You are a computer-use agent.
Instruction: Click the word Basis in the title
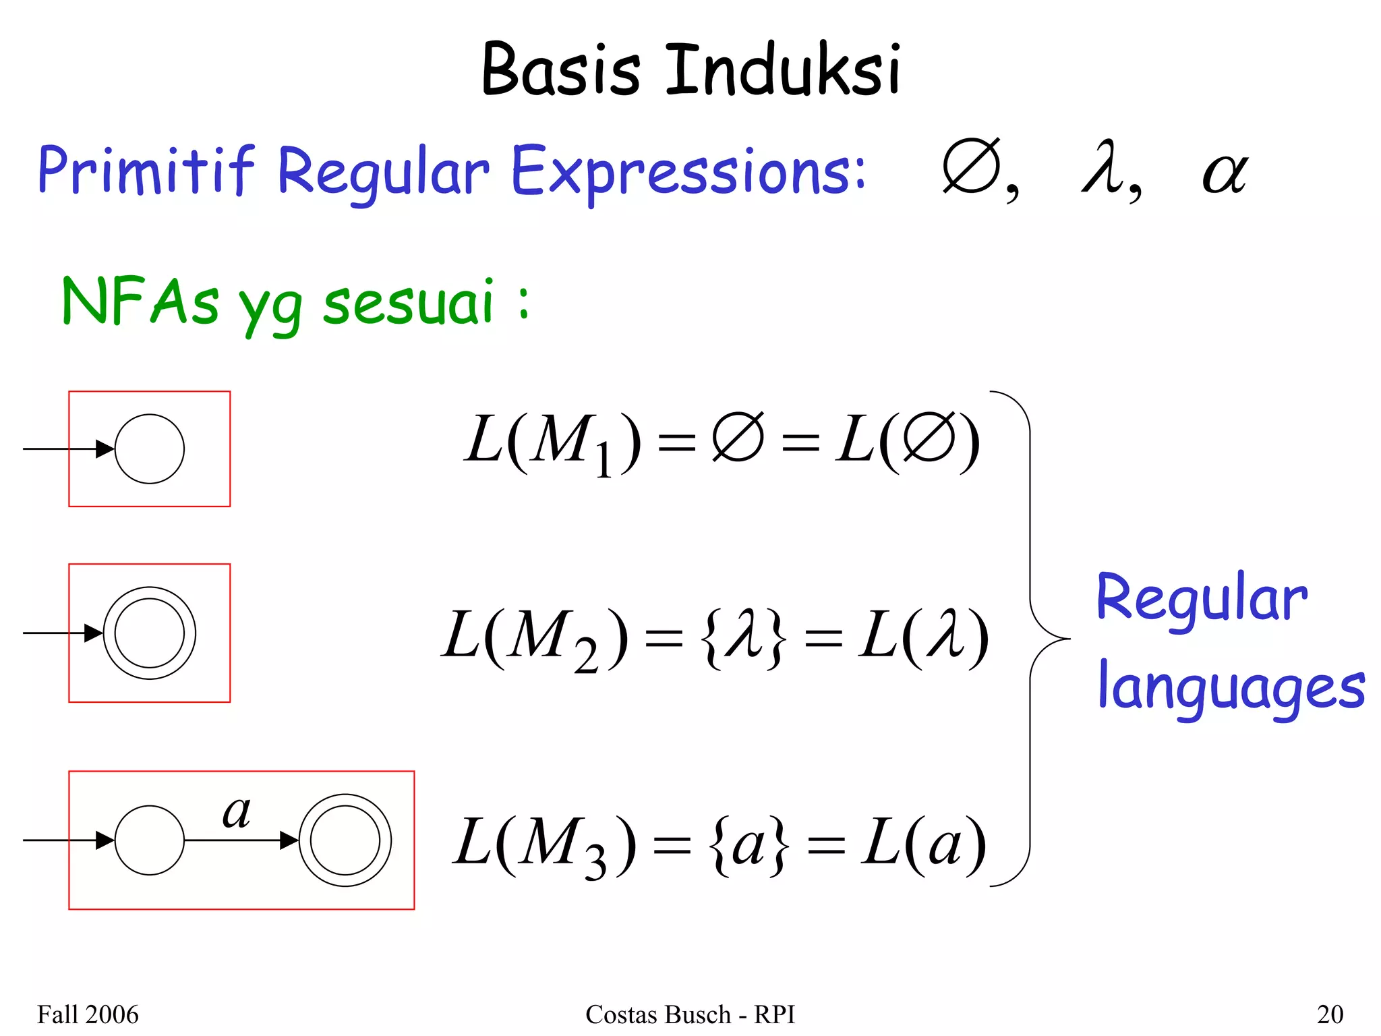560,69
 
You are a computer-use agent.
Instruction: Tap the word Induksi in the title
783,69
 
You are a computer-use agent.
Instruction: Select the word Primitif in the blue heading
146,170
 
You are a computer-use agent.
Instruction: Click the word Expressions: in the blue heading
688,171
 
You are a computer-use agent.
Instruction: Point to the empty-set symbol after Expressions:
972,167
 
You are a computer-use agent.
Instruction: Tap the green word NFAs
140,301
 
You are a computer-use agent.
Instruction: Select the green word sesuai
408,301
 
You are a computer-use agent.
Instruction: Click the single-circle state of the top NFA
150,449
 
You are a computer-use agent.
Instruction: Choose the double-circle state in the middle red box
150,633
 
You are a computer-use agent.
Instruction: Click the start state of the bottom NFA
150,840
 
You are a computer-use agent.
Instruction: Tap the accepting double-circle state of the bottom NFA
345,840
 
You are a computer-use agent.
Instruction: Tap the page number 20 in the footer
1330,1014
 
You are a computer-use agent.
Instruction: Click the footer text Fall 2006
88,1014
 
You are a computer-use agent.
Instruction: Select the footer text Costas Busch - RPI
690,1014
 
